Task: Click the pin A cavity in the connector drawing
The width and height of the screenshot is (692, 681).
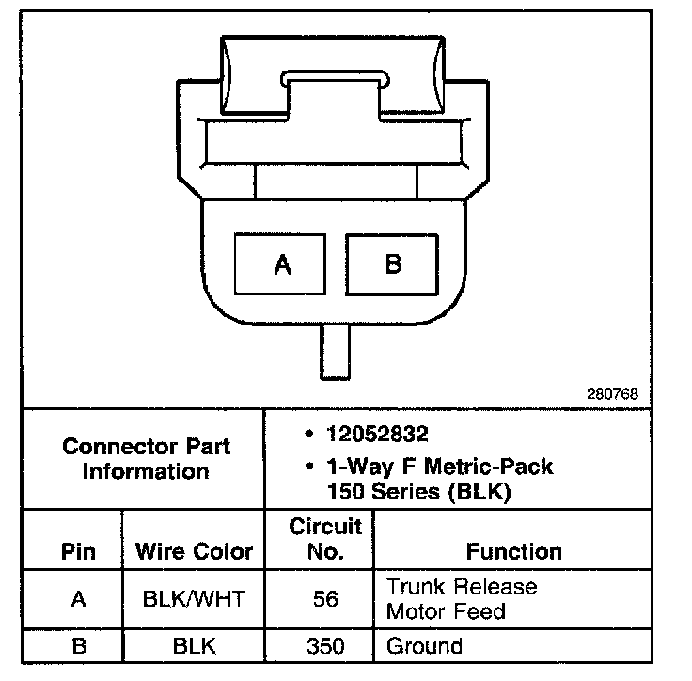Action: [x=281, y=265]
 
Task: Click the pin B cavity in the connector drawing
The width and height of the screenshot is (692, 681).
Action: [x=392, y=265]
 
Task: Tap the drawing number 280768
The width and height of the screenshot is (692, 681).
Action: [x=613, y=394]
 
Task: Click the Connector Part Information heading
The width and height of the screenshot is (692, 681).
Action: [x=146, y=458]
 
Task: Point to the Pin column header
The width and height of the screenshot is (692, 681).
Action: [x=78, y=550]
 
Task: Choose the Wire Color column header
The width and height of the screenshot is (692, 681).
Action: [x=195, y=551]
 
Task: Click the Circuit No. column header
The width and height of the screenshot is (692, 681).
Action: [x=325, y=538]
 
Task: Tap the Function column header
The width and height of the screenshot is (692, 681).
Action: [x=513, y=551]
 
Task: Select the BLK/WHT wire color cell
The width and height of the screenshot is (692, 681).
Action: [x=195, y=599]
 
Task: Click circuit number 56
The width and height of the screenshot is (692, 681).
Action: [x=325, y=599]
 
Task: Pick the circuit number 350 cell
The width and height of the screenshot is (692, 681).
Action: [x=325, y=646]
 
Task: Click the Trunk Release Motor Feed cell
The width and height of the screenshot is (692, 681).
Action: [x=461, y=599]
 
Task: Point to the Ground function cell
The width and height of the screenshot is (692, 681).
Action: [x=424, y=646]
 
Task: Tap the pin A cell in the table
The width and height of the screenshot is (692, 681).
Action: [x=78, y=599]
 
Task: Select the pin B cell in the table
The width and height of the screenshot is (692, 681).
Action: [x=78, y=646]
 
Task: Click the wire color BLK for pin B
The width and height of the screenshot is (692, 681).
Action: [x=195, y=646]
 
